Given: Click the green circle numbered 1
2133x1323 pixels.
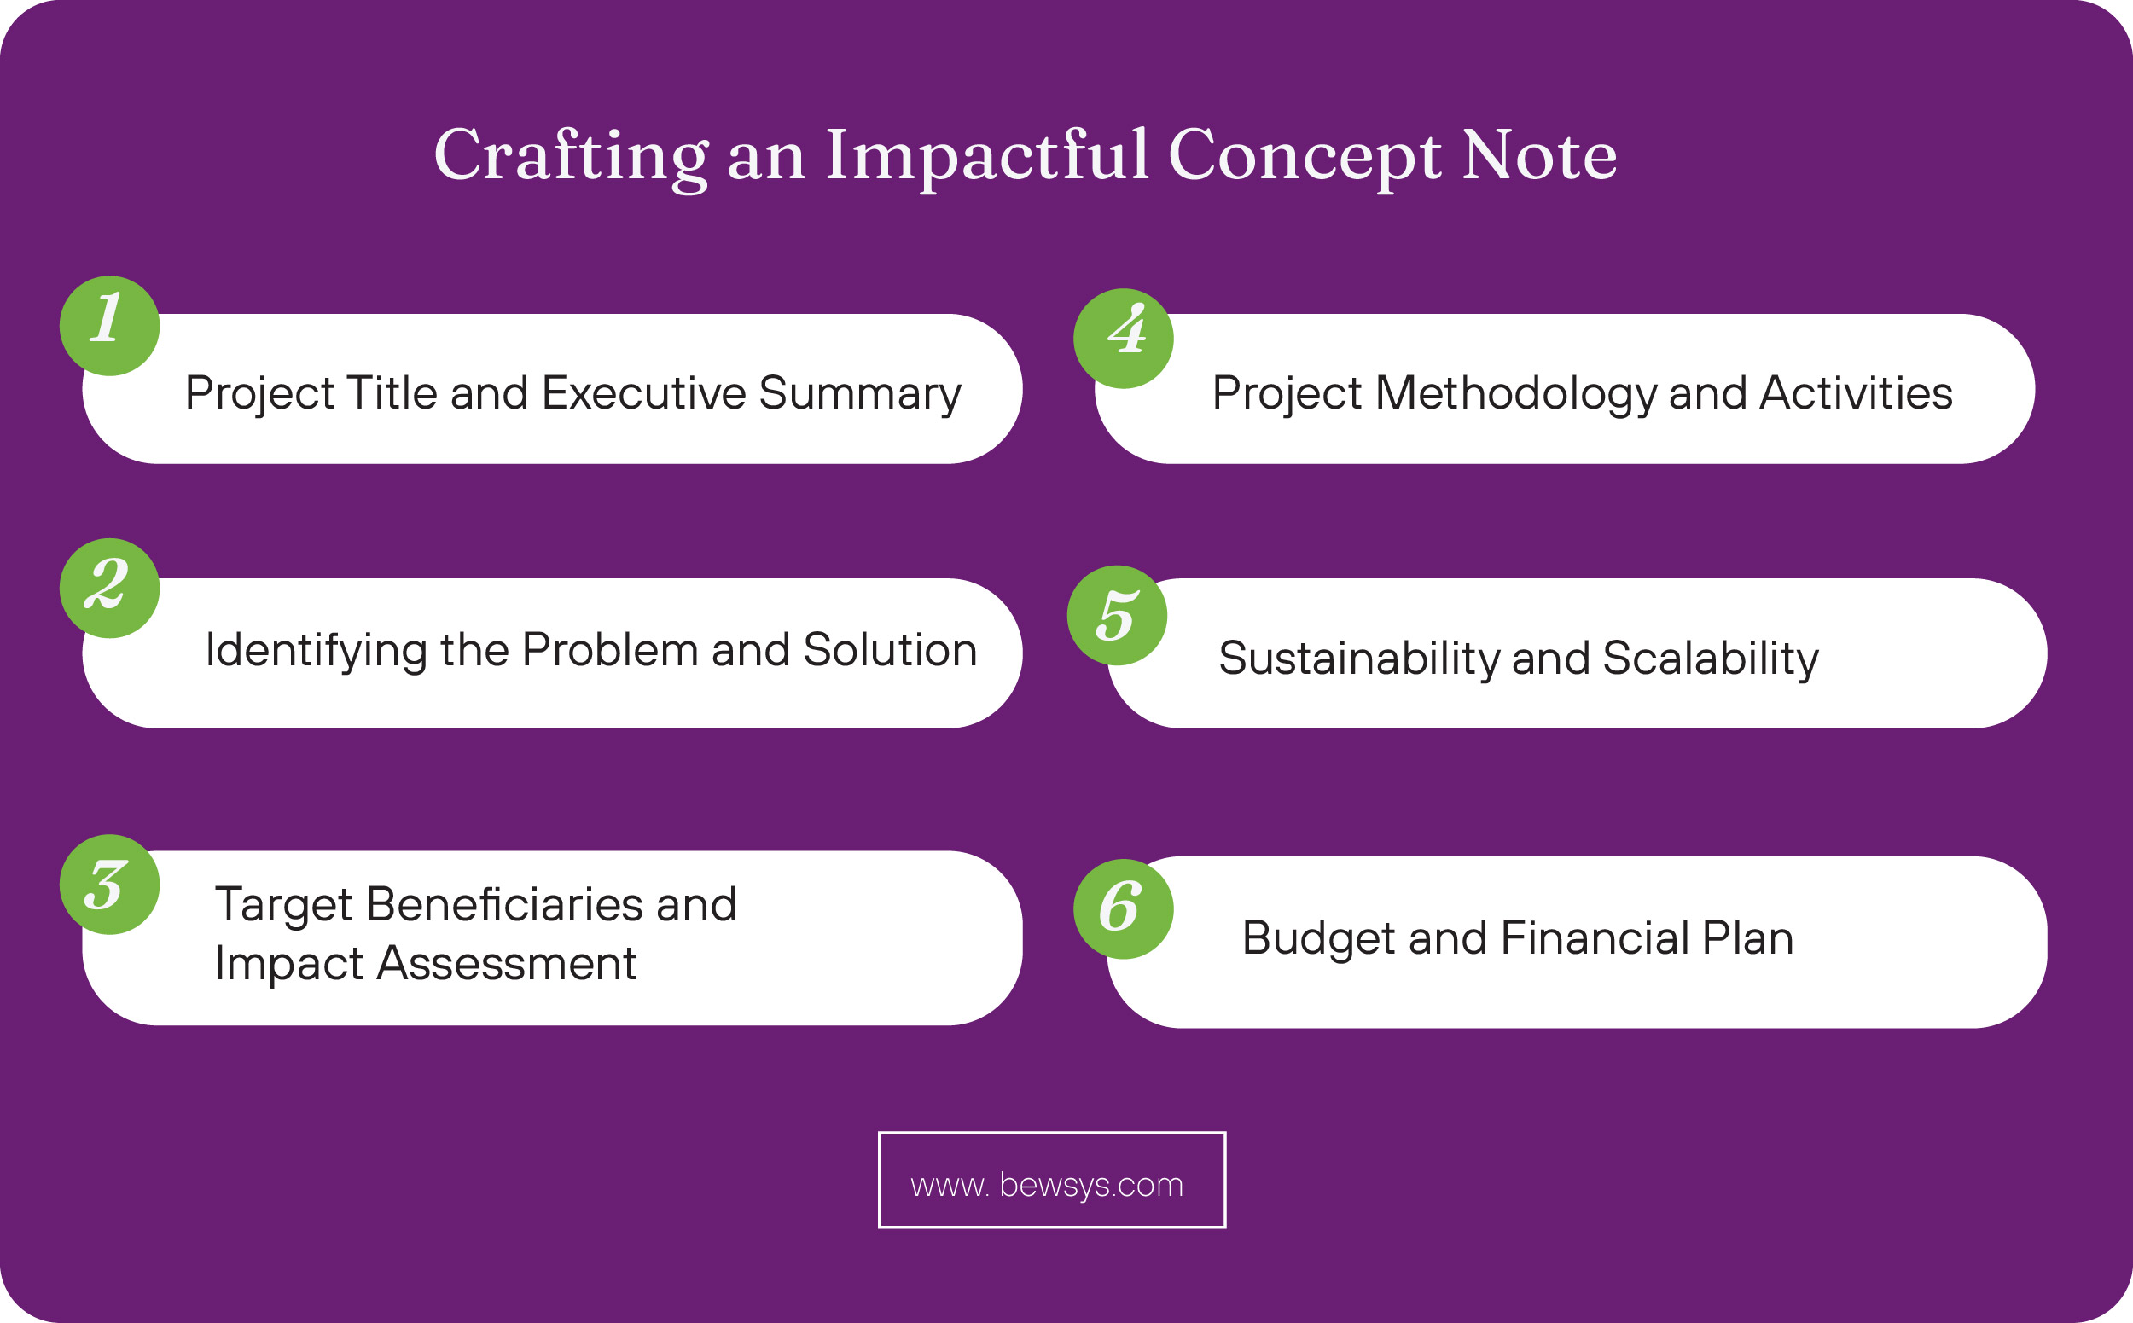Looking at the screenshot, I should point(109,326).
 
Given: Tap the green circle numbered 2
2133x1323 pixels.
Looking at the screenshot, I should point(109,588).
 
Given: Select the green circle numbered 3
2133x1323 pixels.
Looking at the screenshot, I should point(109,885).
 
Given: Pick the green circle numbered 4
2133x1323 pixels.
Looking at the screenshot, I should point(1123,339).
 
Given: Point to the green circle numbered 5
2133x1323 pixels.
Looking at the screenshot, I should point(1117,616).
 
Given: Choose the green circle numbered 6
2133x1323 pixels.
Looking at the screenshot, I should point(1123,909).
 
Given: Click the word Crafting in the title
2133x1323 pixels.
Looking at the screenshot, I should point(571,156).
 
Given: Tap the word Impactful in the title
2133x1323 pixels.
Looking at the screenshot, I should point(986,156).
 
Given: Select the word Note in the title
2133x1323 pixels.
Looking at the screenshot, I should point(1538,156).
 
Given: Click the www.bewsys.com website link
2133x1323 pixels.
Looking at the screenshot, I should point(1051,1185).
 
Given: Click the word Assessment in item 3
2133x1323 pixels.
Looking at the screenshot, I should point(506,963).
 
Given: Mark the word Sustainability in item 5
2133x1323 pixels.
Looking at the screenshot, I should point(1359,659).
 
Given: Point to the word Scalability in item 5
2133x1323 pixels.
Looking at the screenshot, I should point(1711,659).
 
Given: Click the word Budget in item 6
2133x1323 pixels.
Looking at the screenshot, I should point(1319,939).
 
